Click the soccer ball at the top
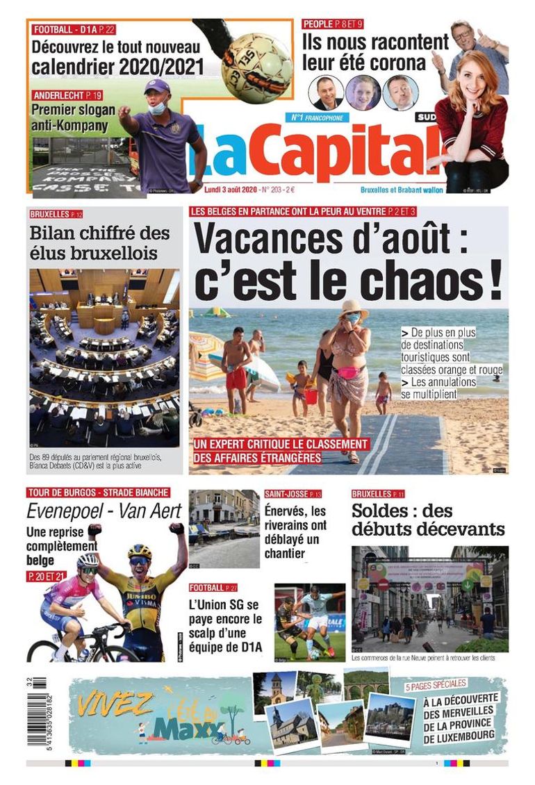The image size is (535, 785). coord(256,63)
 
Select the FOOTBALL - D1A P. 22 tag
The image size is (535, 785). coord(74,29)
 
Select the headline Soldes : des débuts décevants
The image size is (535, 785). coord(427,520)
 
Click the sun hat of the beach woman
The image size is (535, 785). coord(354,308)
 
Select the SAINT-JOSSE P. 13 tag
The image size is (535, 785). coord(293,494)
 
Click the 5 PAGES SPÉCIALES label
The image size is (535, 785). coord(436,685)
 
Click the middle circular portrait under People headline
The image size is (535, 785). coord(363,92)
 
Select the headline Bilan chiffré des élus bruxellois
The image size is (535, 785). coord(99,242)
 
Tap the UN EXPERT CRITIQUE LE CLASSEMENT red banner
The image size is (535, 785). coord(281,451)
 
